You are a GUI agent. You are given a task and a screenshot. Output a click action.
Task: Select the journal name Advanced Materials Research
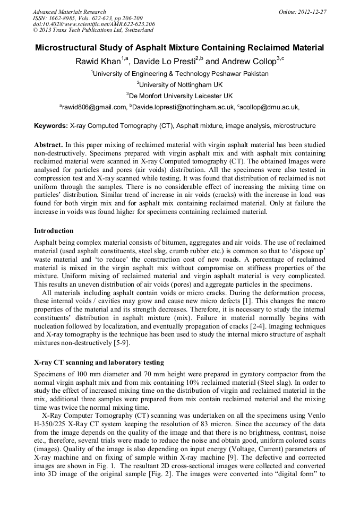coord(69,12)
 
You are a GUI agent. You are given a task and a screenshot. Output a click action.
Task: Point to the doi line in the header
coord(94,24)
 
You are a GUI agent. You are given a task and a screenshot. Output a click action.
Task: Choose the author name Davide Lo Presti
coord(164,61)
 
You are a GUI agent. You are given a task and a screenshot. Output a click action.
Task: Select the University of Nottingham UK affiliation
coord(179,84)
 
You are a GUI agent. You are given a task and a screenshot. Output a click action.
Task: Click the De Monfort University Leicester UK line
coord(179,96)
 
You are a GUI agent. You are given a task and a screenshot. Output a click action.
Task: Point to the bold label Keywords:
coord(51,126)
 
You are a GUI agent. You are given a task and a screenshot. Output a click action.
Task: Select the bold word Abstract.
coord(48,145)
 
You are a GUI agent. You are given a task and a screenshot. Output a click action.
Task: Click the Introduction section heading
coord(54,231)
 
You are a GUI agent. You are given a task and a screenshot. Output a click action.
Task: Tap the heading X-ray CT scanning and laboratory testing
coord(99,363)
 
